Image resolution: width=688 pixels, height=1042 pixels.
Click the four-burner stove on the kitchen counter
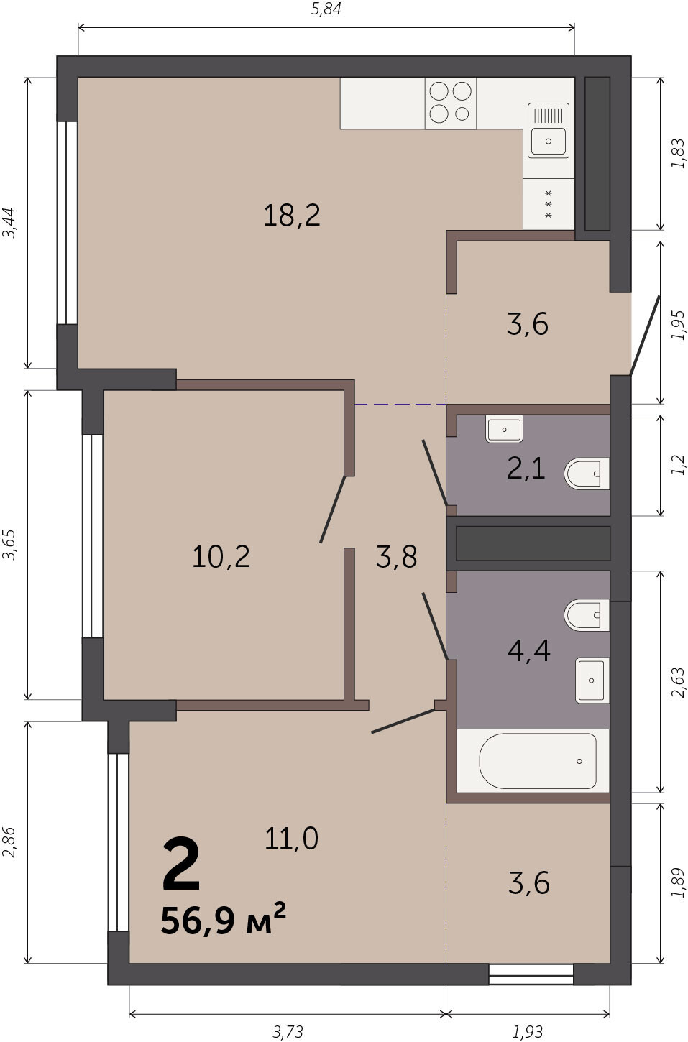coord(450,103)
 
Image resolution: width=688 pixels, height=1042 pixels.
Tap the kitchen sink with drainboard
coord(549,131)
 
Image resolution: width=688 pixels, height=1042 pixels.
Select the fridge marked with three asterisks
coord(549,204)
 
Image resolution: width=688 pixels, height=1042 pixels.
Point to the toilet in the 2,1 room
coord(587,474)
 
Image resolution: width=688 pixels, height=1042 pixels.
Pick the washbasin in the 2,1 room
coord(504,429)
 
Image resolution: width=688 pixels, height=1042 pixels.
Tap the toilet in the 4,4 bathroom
coord(587,615)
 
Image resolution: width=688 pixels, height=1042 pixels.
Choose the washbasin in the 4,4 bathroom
coord(592,680)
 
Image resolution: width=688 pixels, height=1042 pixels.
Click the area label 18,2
coord(292,216)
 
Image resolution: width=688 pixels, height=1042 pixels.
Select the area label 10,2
coord(221,556)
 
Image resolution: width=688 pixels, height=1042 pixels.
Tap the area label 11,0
coord(291,839)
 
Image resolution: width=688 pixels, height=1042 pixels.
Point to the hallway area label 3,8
coord(397,556)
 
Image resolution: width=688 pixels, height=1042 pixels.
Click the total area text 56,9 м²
coord(223,920)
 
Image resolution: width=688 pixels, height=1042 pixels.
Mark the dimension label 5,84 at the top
coord(326,9)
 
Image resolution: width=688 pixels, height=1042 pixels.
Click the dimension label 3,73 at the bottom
coord(288,1032)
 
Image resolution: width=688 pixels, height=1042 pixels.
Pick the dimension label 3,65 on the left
coord(9,545)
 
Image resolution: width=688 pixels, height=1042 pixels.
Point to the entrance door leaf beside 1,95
coord(645,335)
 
